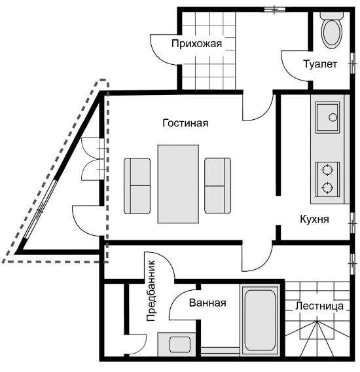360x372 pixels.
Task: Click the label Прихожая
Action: point(196,44)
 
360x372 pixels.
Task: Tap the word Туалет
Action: point(320,64)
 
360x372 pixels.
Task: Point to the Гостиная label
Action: point(185,123)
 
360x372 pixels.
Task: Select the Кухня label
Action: point(314,219)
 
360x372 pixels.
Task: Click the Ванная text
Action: point(207,303)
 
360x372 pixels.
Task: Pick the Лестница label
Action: point(319,306)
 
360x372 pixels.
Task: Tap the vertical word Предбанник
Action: point(151,291)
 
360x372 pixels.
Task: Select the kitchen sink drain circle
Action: point(333,117)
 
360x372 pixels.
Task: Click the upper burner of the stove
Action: point(327,170)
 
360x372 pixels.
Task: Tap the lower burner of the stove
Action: point(327,188)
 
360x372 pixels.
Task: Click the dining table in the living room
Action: point(178,184)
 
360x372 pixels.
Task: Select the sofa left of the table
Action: point(137,186)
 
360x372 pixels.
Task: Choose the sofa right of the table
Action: point(218,185)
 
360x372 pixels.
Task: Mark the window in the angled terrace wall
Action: point(41,210)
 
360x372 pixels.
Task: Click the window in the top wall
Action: point(275,9)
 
